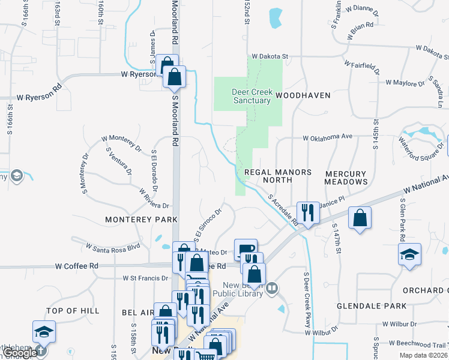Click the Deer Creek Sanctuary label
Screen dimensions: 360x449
tap(252, 97)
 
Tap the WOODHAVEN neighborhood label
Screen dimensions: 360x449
tap(312, 95)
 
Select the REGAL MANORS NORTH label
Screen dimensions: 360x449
tap(278, 176)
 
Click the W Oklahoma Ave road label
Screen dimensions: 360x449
tap(327, 137)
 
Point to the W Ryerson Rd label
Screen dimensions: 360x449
tap(40, 96)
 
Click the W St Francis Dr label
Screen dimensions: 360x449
tap(145, 278)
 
